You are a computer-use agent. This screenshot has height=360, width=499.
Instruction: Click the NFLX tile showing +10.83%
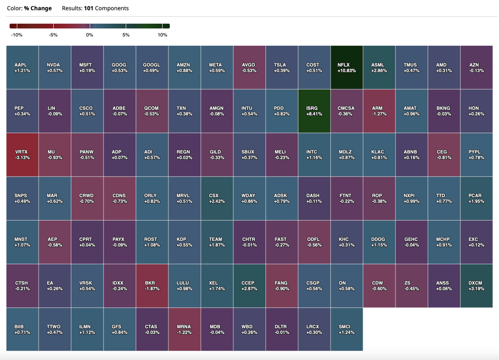point(347,67)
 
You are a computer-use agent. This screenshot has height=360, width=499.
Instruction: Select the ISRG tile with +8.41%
point(314,111)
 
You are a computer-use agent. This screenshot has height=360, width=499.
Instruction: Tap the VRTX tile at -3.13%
point(22,154)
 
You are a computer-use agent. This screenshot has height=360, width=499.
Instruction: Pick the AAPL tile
point(22,67)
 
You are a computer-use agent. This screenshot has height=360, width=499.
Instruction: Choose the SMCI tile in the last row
point(347,329)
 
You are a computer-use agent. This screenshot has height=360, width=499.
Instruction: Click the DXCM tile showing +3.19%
point(476,286)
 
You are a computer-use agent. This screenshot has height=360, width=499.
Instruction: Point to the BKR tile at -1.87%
point(152,286)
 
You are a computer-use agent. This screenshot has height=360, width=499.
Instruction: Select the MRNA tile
point(185,329)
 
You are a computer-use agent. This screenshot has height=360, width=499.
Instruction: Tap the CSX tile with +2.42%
point(217,198)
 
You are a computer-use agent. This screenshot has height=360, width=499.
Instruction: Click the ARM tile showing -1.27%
point(379,111)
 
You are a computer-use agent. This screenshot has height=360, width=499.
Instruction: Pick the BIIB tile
point(22,329)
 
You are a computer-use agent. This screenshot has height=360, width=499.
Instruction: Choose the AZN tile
point(476,67)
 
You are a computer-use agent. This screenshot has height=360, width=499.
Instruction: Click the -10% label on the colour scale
point(17,35)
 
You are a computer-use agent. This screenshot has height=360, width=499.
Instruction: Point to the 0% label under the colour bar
point(89,35)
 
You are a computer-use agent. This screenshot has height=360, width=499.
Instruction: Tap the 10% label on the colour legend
point(162,35)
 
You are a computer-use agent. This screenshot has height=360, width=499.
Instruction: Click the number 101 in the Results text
point(88,8)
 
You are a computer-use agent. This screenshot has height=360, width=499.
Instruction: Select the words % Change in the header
point(38,8)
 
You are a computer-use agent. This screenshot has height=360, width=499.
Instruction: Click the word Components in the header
point(112,8)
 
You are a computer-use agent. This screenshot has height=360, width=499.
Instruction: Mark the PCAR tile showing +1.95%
point(476,198)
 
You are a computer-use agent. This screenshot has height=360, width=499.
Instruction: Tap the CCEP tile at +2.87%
point(249,286)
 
